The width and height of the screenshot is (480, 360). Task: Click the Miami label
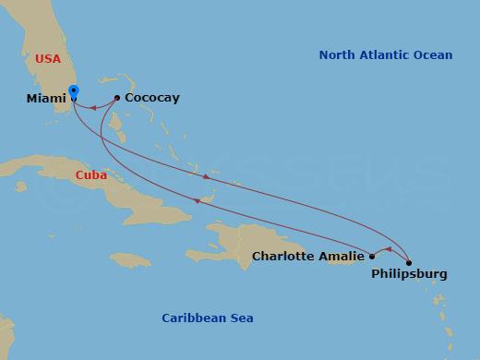coord(46,98)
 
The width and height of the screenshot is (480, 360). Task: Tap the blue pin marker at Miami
coord(74,92)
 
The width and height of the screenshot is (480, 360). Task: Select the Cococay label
coord(152,98)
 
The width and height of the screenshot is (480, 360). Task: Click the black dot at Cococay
coord(117,98)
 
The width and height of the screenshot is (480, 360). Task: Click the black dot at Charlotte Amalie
coord(372,257)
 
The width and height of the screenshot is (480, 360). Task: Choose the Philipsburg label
coord(409,274)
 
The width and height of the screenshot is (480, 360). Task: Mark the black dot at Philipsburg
coord(409,263)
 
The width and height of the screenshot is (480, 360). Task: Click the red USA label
coord(48,59)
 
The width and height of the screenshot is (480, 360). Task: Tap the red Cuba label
coord(91,174)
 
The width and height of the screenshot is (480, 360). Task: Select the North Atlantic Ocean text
coord(386,55)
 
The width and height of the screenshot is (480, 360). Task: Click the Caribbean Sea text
coord(208,318)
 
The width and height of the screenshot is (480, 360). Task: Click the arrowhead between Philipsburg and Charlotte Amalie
coord(388,249)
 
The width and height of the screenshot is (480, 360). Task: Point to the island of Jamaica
coord(130,259)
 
